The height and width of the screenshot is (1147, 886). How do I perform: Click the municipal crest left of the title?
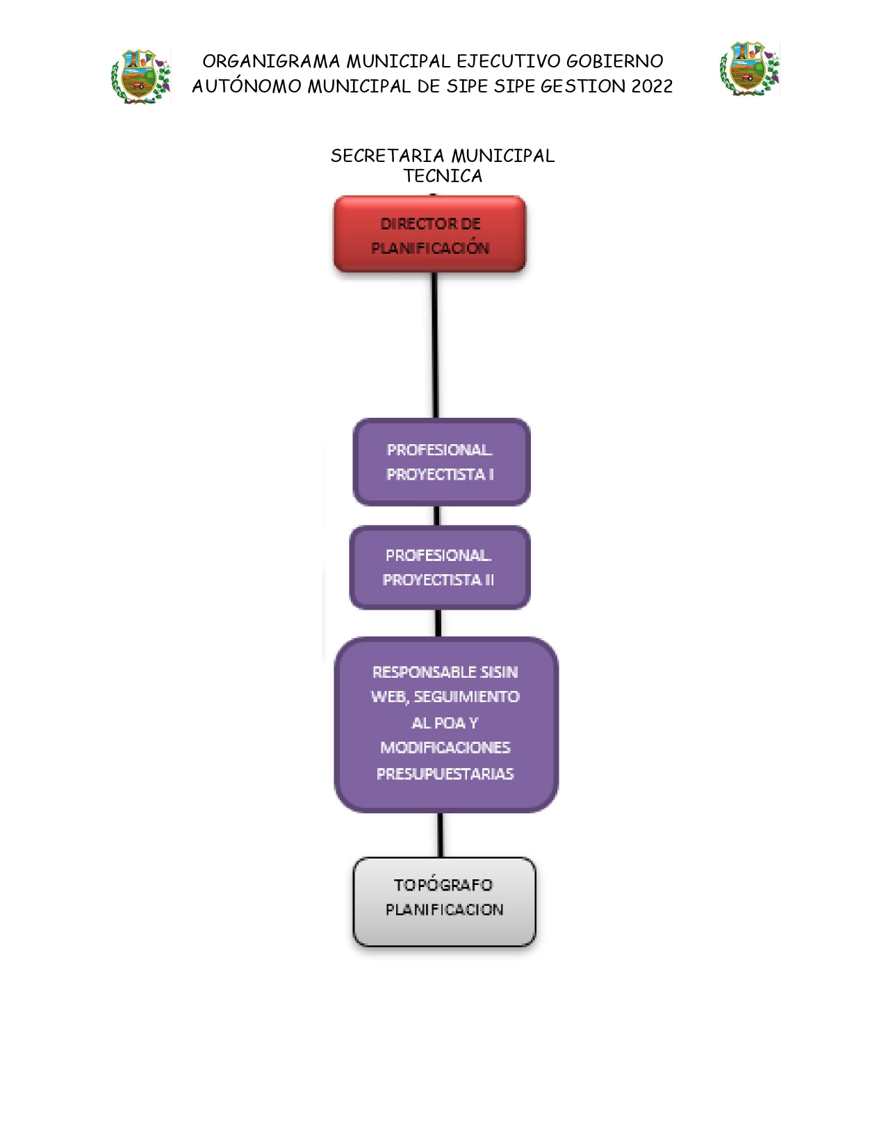pyautogui.click(x=141, y=77)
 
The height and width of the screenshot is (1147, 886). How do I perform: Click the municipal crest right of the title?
pyautogui.click(x=749, y=69)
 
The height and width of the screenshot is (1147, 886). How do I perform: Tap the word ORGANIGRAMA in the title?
pyautogui.click(x=271, y=61)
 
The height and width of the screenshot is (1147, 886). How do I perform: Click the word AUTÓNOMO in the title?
pyautogui.click(x=247, y=86)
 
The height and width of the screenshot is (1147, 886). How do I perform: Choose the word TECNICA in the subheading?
pyautogui.click(x=443, y=176)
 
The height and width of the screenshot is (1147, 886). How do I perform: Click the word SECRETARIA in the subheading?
pyautogui.click(x=387, y=156)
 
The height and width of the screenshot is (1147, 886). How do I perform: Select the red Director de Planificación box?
pyautogui.click(x=429, y=234)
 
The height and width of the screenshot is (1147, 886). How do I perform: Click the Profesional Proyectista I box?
pyautogui.click(x=442, y=462)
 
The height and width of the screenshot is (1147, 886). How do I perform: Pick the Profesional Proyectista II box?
pyautogui.click(x=440, y=567)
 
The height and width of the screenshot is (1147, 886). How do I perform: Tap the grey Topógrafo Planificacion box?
pyautogui.click(x=444, y=902)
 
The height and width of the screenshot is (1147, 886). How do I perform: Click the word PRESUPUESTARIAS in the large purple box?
pyautogui.click(x=445, y=774)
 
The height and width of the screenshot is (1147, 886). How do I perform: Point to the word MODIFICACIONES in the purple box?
pyautogui.click(x=445, y=747)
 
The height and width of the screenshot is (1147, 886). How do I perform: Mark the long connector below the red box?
pyautogui.click(x=435, y=345)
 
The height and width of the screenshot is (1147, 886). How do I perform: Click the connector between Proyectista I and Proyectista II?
pyautogui.click(x=436, y=516)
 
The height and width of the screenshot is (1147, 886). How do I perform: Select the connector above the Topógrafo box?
pyautogui.click(x=441, y=835)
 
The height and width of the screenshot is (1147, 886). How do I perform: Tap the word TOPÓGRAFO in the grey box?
pyautogui.click(x=443, y=884)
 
